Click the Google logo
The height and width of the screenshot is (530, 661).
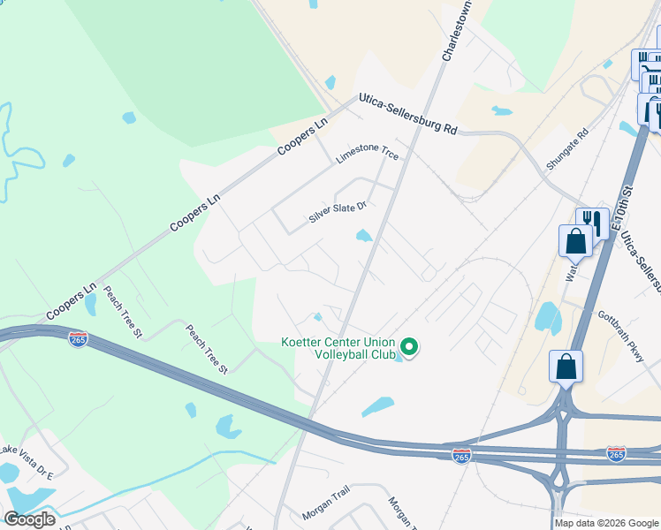coord(29,519)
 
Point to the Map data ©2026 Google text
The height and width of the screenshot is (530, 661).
coord(607,523)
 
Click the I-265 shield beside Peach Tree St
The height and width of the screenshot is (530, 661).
coord(78,339)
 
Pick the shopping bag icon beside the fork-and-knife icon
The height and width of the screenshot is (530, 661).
coord(574,240)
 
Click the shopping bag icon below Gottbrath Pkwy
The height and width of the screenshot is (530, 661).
coord(566,367)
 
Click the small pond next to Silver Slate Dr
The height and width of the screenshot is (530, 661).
coord(363,235)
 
